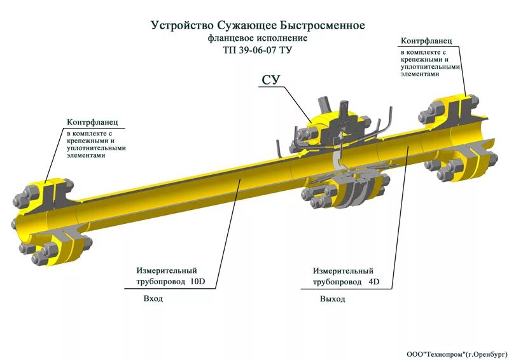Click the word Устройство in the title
click(181, 25)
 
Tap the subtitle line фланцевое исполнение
click(258, 38)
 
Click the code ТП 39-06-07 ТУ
click(258, 50)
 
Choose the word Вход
click(153, 298)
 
